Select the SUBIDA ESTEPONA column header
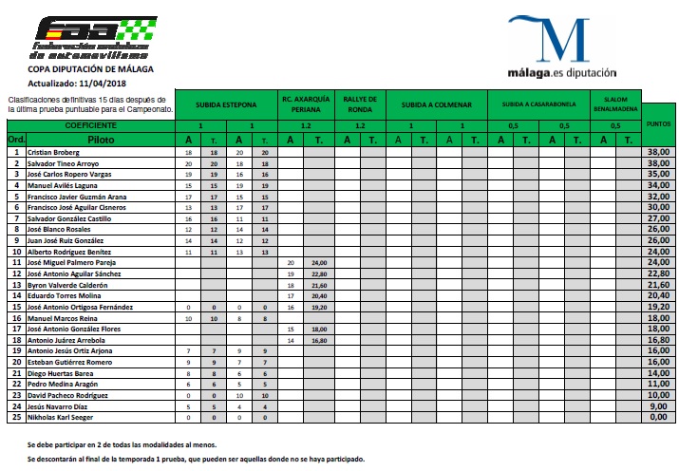point(226,104)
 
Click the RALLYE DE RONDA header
point(359,104)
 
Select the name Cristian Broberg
point(53,152)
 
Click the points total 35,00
point(658,175)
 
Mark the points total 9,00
point(659,406)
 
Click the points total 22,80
point(658,273)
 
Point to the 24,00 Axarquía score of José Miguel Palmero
point(319,262)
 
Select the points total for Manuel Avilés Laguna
point(658,185)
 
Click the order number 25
point(15,418)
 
